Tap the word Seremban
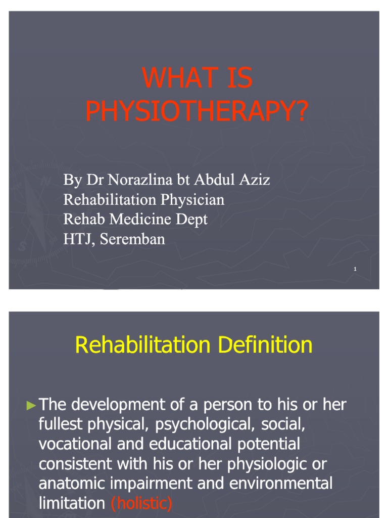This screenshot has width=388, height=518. [x=132, y=239]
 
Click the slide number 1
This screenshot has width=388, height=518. [x=355, y=269]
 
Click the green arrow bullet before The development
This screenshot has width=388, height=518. [x=31, y=405]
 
